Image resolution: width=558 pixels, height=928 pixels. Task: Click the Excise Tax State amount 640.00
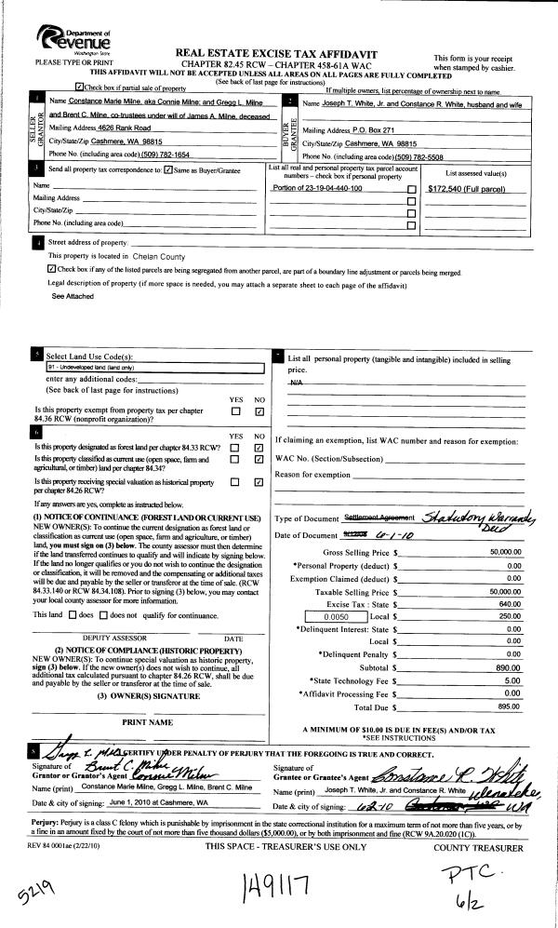(x=508, y=603)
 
